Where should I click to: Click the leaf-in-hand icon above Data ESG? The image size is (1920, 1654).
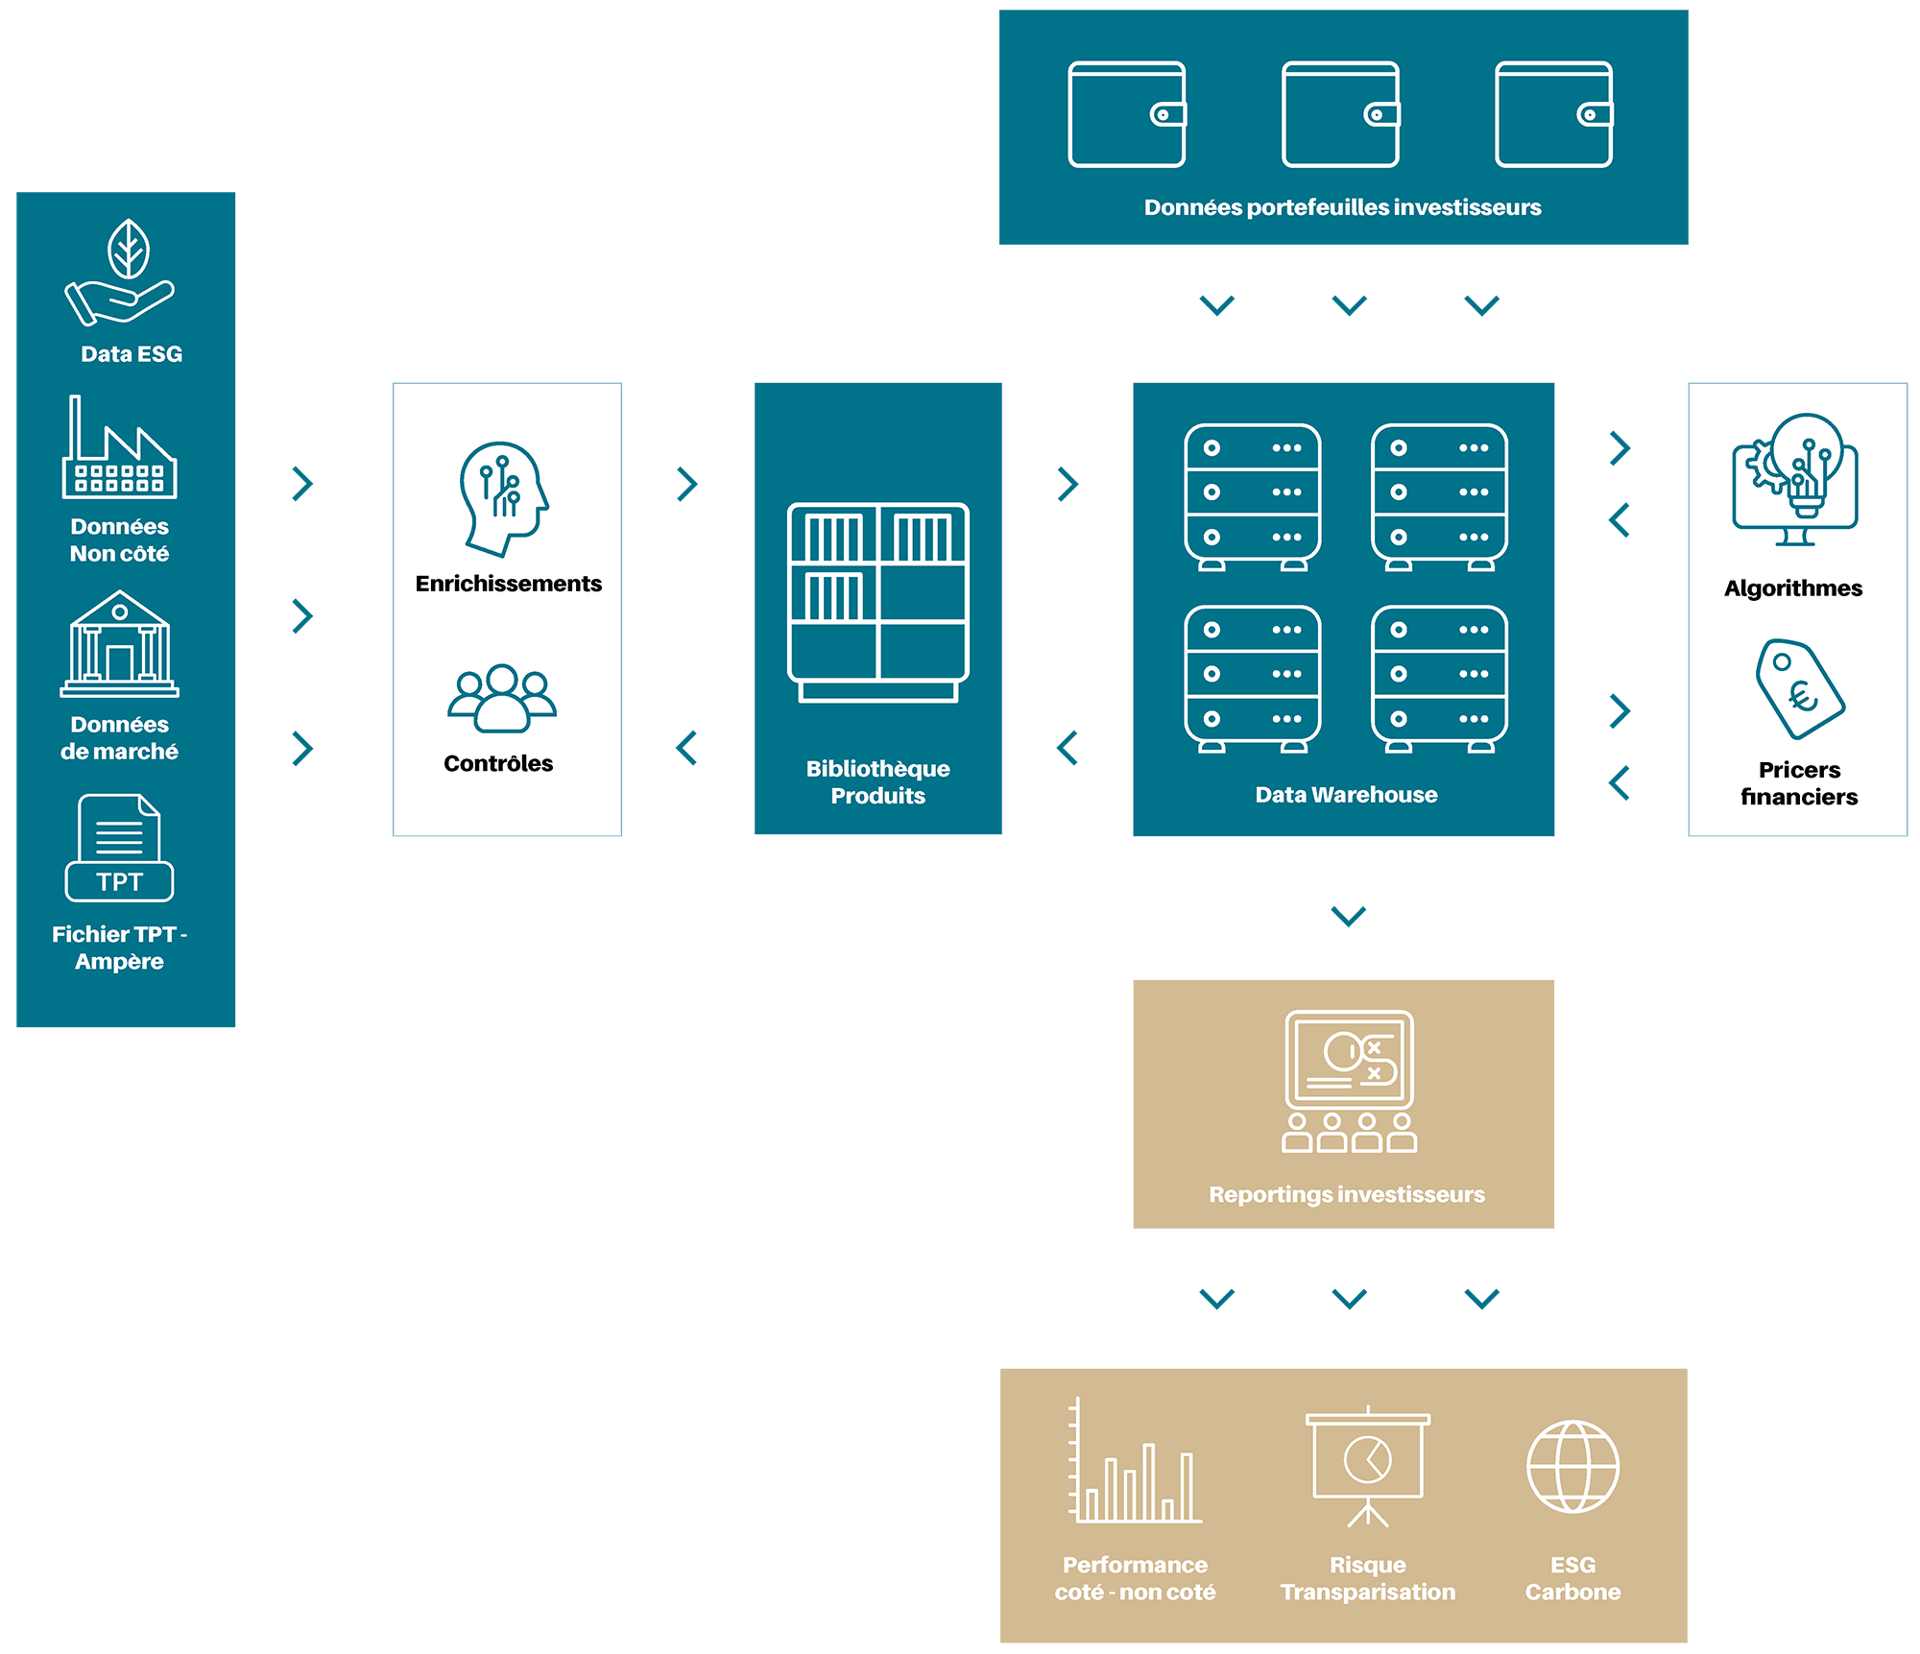(120, 273)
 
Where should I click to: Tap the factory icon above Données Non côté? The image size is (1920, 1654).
(120, 448)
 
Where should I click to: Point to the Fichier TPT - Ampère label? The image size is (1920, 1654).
(120, 947)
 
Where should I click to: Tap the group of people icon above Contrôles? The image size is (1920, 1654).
(501, 698)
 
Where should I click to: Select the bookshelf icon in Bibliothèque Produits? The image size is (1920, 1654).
(878, 602)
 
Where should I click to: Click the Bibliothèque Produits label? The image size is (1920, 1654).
(878, 781)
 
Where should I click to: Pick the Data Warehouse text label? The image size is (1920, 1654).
(1346, 795)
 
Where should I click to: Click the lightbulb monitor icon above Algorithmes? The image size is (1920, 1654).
(1795, 479)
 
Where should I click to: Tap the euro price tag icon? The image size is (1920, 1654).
(1799, 688)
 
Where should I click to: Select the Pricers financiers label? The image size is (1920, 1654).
(1799, 783)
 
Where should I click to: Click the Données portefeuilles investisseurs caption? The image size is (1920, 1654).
(1342, 207)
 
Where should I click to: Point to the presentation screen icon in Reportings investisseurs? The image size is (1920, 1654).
(1349, 1081)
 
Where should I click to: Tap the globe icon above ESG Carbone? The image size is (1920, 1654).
(1572, 1466)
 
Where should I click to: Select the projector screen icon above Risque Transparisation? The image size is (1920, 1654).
(1368, 1465)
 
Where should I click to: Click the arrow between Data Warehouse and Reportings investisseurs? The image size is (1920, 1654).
(1349, 916)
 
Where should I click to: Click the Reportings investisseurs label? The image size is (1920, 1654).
(1346, 1194)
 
